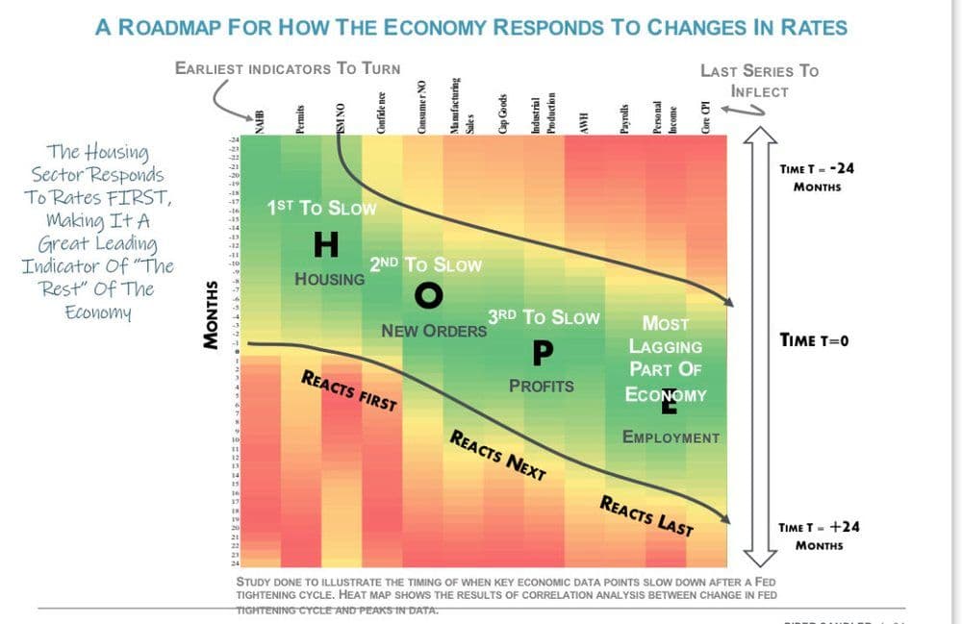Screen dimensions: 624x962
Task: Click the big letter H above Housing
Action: point(326,246)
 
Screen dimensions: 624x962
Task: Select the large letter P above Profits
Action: point(542,353)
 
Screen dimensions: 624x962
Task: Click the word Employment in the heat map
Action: point(671,437)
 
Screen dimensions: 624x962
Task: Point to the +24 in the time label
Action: point(845,527)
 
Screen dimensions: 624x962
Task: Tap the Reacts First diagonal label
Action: point(349,389)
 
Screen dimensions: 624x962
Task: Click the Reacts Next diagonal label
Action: point(497,455)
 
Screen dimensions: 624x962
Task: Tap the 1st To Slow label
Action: point(321,208)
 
